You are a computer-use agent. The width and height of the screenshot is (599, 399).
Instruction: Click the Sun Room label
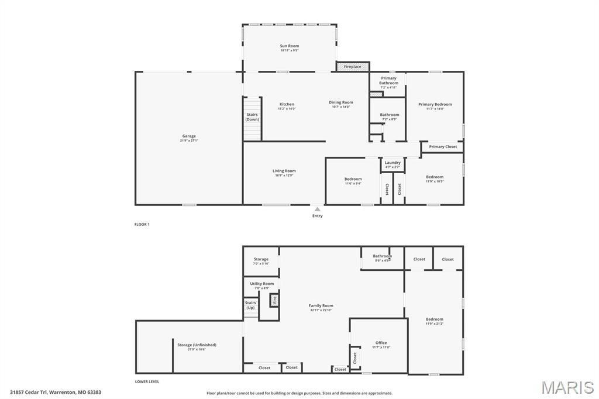(x=289, y=46)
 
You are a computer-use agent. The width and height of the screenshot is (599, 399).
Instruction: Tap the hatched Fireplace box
(x=353, y=67)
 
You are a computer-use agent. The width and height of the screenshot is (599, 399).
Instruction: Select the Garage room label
(x=189, y=136)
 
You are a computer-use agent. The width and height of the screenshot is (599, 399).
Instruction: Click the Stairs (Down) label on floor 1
(x=252, y=117)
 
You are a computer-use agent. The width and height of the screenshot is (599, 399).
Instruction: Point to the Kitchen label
(x=287, y=105)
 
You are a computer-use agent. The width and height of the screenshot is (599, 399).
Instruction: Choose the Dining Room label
(x=340, y=102)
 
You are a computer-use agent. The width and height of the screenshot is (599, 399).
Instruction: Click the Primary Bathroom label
(x=388, y=81)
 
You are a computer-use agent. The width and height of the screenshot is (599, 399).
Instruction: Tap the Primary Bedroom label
(x=435, y=105)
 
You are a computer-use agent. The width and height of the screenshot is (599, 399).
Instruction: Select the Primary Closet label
(x=443, y=147)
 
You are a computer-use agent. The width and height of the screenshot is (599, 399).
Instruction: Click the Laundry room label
(x=393, y=163)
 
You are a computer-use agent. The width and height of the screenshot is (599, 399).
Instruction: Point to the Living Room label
(x=284, y=171)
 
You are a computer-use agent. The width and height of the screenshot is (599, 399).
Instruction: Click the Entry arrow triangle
(x=317, y=209)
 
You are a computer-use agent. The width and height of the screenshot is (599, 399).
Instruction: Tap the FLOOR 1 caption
(x=142, y=225)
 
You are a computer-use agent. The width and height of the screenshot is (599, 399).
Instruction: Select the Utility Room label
(x=261, y=284)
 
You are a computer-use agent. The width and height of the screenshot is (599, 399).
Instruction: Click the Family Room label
(x=321, y=306)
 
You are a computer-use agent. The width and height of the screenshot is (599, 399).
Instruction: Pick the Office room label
(x=381, y=343)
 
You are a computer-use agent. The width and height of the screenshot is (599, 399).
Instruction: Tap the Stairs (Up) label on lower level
(x=250, y=305)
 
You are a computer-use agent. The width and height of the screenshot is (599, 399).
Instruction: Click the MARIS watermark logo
(x=567, y=387)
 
